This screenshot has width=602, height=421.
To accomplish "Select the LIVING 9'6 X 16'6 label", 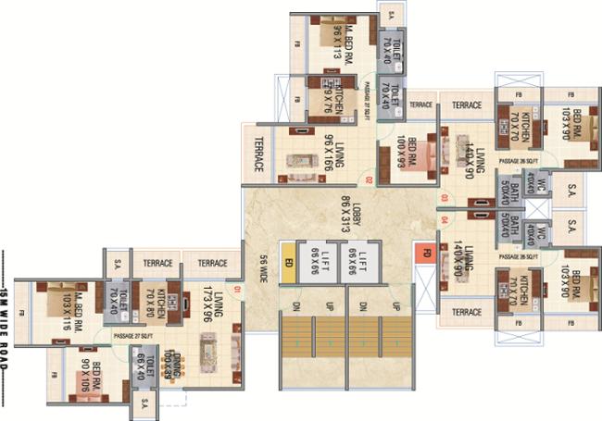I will tap(336, 154).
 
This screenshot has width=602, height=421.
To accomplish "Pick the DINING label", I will tap(167, 353).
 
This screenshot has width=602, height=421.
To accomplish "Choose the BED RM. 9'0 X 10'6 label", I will tap(91, 374).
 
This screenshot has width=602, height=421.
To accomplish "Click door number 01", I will tap(237, 292).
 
